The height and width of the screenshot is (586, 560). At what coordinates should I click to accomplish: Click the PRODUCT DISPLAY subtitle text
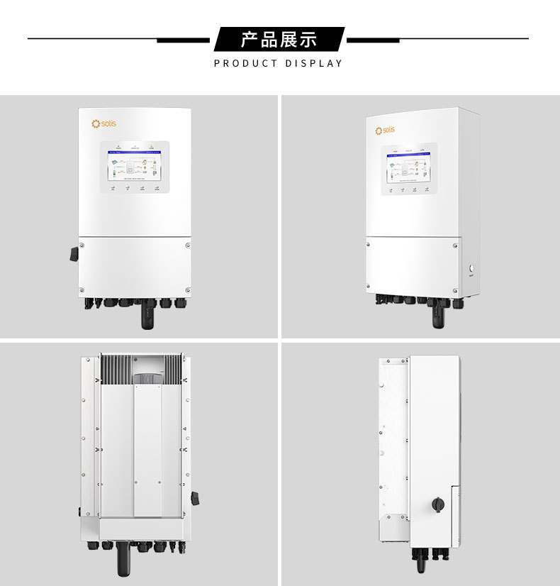point(279,63)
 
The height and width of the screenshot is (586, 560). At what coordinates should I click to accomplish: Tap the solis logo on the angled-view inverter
point(386,130)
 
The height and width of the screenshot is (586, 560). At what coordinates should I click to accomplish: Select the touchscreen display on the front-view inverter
point(135,165)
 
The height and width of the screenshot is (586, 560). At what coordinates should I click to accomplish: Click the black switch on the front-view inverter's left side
point(74,253)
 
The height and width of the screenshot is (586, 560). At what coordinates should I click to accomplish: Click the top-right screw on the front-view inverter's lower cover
point(187,245)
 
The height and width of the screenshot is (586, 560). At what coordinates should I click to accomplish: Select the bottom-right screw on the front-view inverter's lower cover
point(187,289)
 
